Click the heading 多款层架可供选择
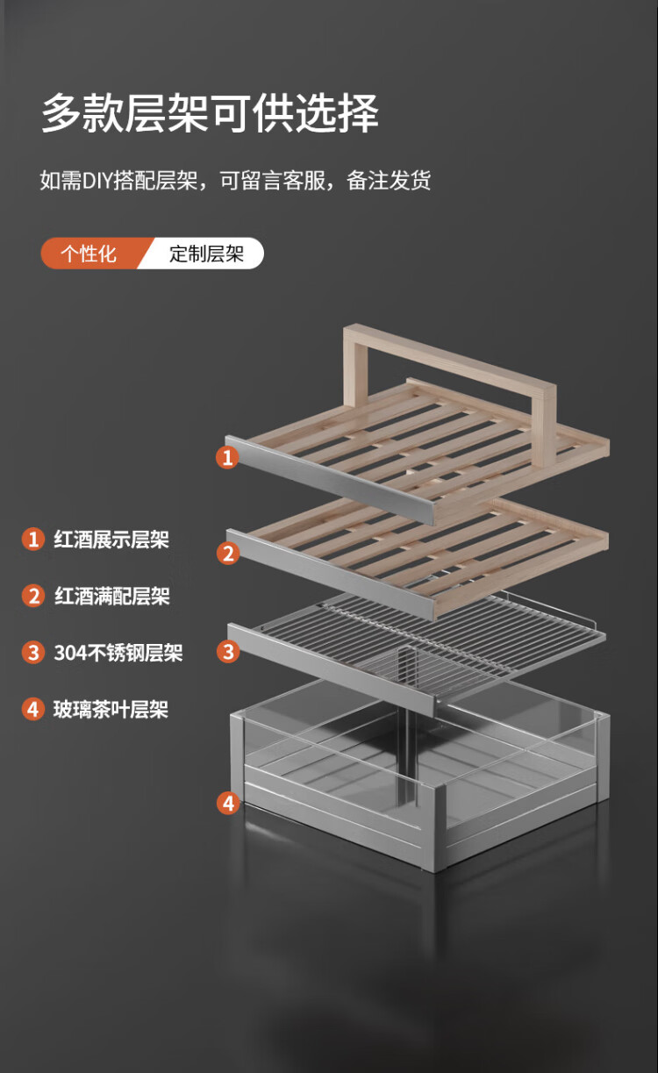(x=210, y=113)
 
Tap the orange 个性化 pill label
(x=89, y=254)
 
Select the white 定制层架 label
(x=206, y=254)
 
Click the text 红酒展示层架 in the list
(x=111, y=540)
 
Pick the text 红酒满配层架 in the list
(x=112, y=597)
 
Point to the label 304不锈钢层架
(x=118, y=653)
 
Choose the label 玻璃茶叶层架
(x=111, y=710)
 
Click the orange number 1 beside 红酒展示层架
(x=33, y=540)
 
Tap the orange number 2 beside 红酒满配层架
(x=33, y=597)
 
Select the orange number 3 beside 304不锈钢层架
(x=33, y=653)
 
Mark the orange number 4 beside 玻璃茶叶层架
(x=33, y=710)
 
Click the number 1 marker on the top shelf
(x=227, y=457)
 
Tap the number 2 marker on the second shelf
(x=228, y=554)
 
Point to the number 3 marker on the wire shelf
(x=228, y=652)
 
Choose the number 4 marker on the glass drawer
(x=228, y=803)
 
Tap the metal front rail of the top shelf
(x=330, y=480)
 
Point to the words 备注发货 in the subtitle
(x=389, y=181)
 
